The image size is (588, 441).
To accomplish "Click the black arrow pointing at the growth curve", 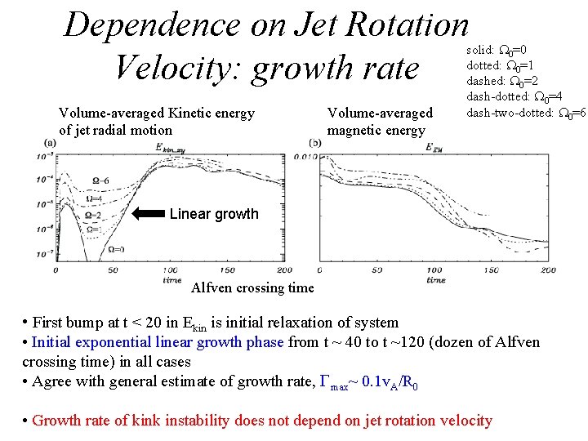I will click(x=148, y=214).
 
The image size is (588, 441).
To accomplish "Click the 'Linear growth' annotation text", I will click(x=214, y=214).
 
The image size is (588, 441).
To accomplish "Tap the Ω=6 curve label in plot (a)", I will click(x=100, y=180).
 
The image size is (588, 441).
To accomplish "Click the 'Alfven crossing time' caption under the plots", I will click(x=252, y=287).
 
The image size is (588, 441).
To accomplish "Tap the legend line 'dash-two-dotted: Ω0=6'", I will click(x=526, y=112).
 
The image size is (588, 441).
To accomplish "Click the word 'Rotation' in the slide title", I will click(x=408, y=24).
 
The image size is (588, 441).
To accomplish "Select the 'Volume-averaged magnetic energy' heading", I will click(x=379, y=122).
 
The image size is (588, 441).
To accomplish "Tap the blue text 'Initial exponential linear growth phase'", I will click(x=157, y=342).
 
